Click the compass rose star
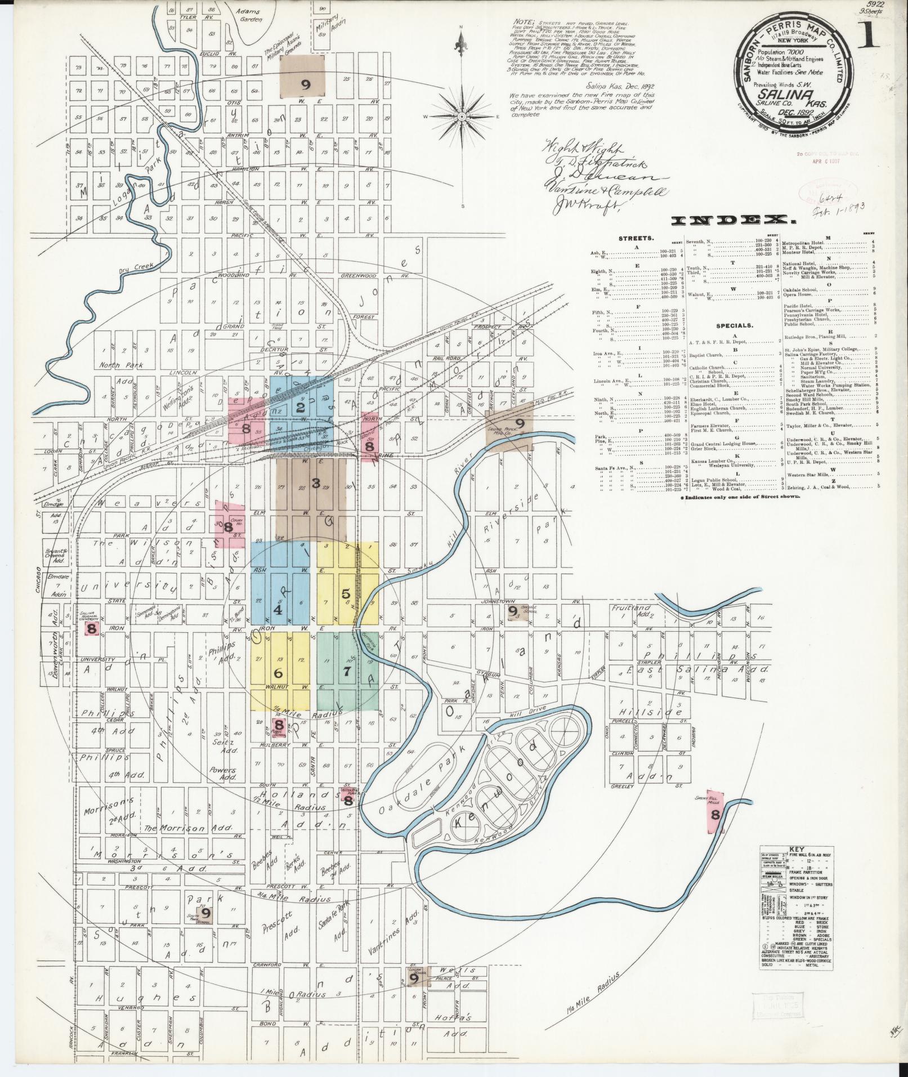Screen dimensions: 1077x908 [x=462, y=116]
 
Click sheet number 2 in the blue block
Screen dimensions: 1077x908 [x=301, y=408]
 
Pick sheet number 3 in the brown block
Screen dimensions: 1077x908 [x=316, y=482]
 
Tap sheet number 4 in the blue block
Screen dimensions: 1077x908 [x=277, y=609]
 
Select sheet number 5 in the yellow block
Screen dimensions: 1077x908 [x=346, y=593]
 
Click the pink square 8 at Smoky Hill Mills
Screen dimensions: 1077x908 [x=715, y=815]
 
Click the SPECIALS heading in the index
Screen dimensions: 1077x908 [x=735, y=325]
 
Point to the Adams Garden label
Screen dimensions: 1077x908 [x=249, y=15]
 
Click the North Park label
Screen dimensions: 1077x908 [x=121, y=365]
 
